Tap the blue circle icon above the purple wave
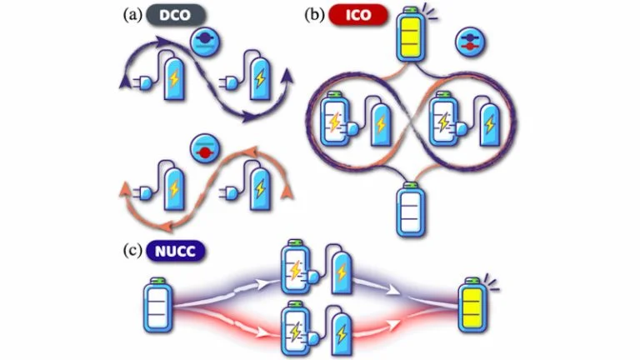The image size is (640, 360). coord(203,41)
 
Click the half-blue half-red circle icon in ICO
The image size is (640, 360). coord(467,42)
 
